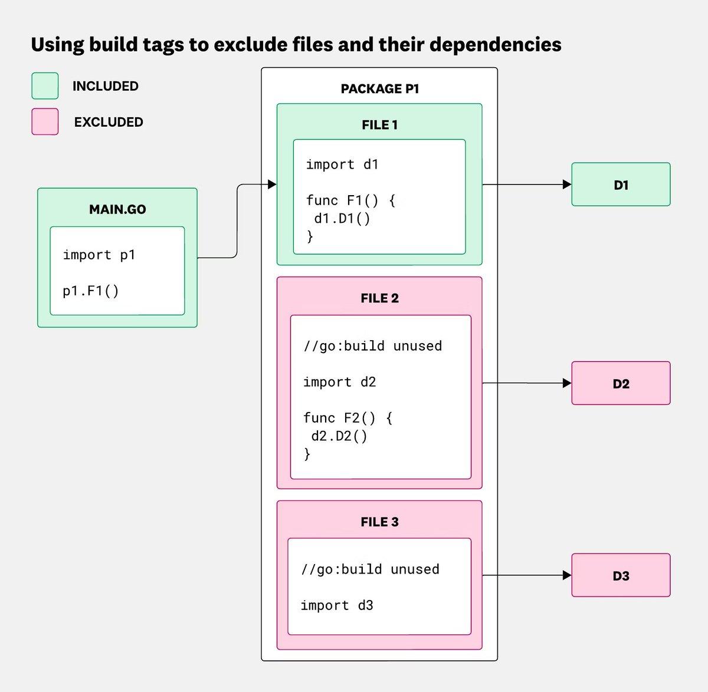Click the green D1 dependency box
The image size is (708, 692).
[621, 184]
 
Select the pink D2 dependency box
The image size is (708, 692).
[621, 383]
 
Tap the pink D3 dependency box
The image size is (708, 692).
[621, 575]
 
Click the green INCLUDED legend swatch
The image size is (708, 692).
[45, 86]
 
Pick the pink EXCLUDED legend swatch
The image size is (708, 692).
[45, 122]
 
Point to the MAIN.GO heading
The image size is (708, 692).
[117, 209]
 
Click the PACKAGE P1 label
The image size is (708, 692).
[379, 89]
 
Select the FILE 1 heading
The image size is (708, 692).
[379, 125]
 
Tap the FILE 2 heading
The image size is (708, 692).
[379, 298]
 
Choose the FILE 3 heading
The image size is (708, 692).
[379, 522]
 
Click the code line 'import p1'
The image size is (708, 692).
[99, 255]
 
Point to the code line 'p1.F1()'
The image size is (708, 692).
[91, 291]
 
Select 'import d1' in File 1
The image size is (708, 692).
[342, 164]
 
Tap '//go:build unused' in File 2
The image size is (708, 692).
[372, 346]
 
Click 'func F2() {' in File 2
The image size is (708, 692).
[348, 418]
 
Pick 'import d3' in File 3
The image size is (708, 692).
[337, 605]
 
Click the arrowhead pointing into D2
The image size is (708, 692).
[567, 383]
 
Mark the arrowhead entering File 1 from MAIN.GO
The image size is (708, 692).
[272, 184]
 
